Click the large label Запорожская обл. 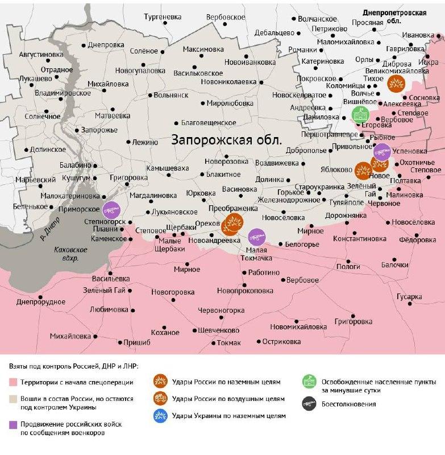click(226, 140)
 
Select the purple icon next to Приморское click(111, 209)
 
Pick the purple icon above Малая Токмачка click(256, 235)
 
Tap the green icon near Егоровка click(359, 114)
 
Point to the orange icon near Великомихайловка click(396, 84)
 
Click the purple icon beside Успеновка click(381, 152)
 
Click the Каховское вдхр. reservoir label click(66, 254)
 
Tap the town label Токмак click(229, 342)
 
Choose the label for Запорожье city click(99, 130)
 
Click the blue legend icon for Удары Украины click(161, 416)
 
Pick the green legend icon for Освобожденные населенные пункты click(309, 382)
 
